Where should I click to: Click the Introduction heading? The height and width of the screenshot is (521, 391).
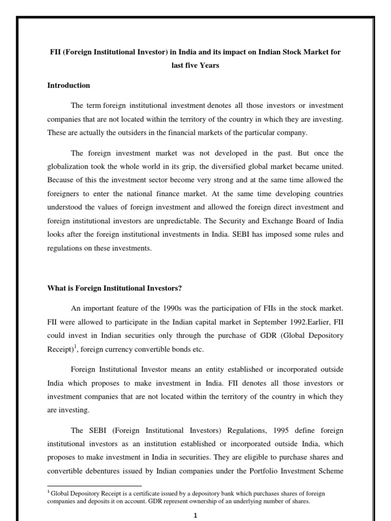(68, 85)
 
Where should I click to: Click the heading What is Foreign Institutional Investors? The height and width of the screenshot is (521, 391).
(115, 288)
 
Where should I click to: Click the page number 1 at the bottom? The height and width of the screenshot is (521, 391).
(195, 515)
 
